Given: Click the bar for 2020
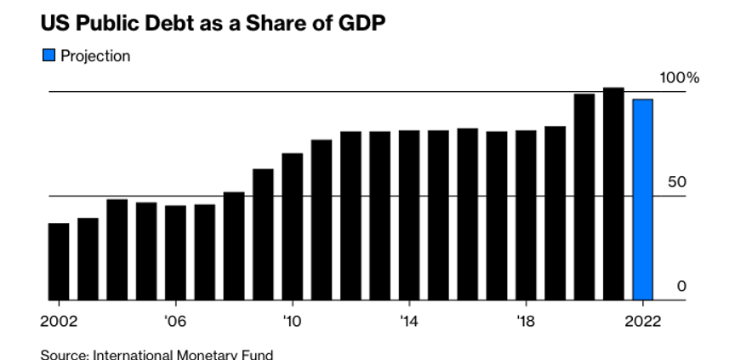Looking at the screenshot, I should (x=584, y=197).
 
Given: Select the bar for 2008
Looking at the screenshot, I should (x=234, y=246).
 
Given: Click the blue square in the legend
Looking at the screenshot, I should (x=48, y=56).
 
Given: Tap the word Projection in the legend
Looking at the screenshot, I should (x=95, y=56).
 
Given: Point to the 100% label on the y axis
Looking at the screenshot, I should (x=679, y=78).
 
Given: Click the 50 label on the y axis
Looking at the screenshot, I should (x=677, y=183).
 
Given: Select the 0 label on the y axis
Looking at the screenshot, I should (x=681, y=287).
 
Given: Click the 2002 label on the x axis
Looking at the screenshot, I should (x=59, y=322).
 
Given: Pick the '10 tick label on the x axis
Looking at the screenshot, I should (x=292, y=322).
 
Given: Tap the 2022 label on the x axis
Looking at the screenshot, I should (x=642, y=322).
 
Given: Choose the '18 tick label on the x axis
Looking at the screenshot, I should (x=526, y=322).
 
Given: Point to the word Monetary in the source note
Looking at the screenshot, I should (x=202, y=354).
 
